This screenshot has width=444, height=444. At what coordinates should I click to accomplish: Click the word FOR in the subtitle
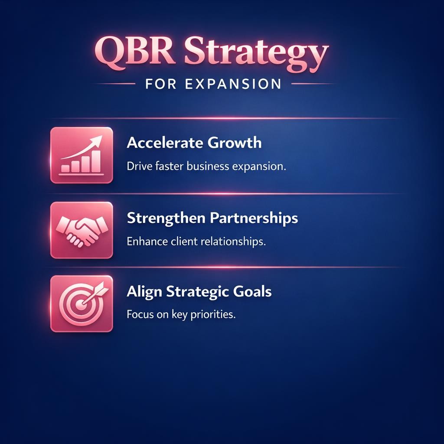(x=160, y=84)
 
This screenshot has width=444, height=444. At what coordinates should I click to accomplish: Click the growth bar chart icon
(x=82, y=155)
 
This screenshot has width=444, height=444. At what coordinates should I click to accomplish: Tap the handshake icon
(x=82, y=230)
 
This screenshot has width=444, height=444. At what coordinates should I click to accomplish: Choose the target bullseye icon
(x=82, y=304)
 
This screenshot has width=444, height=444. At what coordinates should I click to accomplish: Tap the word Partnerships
(x=255, y=218)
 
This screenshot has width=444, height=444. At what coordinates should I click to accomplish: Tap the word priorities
(x=213, y=315)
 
